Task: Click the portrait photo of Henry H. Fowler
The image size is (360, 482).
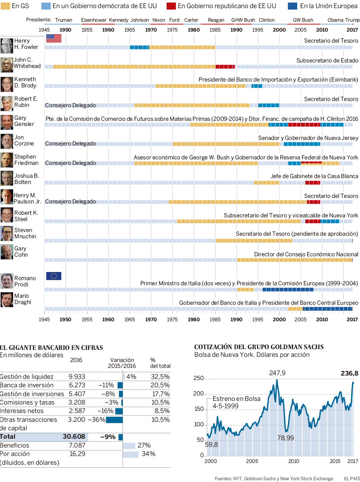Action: coord(7,46)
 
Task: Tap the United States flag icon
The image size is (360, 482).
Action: coord(54,38)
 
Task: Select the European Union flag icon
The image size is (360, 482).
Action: coord(54,276)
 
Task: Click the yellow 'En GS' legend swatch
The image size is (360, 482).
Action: coord(5,6)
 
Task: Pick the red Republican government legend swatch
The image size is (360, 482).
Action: coord(171,6)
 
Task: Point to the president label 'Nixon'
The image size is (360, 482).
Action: coord(159,20)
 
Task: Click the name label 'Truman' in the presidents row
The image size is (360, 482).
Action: coord(64,20)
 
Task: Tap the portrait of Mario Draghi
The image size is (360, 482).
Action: coord(7,300)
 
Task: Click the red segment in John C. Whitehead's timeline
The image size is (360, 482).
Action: coord(225,66)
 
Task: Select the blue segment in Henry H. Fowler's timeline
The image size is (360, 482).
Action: coord(139,47)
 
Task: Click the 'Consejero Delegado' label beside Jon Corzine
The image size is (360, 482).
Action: coord(71,144)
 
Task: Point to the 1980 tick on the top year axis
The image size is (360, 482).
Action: coord(194,30)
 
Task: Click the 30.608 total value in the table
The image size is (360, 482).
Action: coord(74,436)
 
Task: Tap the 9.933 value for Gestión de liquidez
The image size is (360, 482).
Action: coord(77,377)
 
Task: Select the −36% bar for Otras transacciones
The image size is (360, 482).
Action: coord(114,420)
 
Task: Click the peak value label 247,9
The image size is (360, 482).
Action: coord(277,373)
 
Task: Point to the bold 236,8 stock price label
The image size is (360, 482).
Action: coord(349,373)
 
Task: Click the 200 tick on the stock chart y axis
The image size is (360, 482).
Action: coord(198,394)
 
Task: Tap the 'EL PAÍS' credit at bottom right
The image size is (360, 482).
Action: coord(352,478)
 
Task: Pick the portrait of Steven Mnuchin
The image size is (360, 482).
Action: coord(7,233)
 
